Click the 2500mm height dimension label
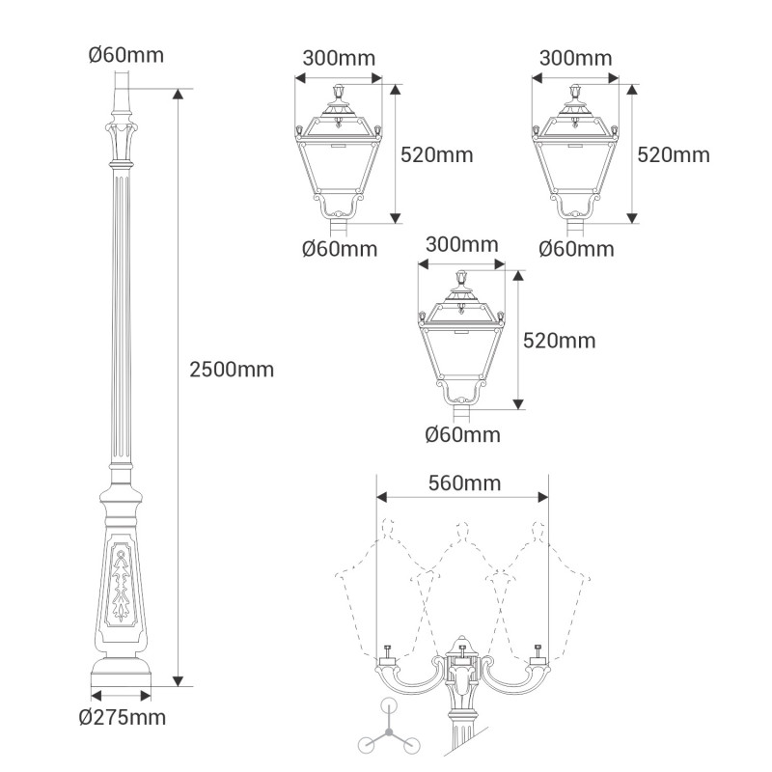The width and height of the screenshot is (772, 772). (232, 370)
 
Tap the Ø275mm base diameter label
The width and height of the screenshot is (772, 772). (123, 717)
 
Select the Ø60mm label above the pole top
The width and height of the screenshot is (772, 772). (126, 55)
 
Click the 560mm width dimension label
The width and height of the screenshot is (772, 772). (464, 483)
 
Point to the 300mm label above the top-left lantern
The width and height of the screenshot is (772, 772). (339, 58)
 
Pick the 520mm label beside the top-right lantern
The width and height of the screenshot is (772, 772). (674, 155)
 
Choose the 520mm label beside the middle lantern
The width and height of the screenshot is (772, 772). (560, 341)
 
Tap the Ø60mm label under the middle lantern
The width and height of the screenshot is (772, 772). (462, 435)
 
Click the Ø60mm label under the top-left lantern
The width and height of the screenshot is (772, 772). (340, 249)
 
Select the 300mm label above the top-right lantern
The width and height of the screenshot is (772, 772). (575, 58)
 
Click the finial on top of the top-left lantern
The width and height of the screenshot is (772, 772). (339, 92)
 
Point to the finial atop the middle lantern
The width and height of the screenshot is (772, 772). (461, 278)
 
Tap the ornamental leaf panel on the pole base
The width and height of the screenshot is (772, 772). (121, 585)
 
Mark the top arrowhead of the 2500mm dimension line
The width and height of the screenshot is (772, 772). (179, 94)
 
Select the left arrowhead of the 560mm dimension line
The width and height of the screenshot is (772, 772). (382, 497)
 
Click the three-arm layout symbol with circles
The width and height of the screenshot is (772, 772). (389, 730)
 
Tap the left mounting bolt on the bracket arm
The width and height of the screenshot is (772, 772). (387, 651)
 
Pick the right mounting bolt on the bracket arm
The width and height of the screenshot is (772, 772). (538, 651)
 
